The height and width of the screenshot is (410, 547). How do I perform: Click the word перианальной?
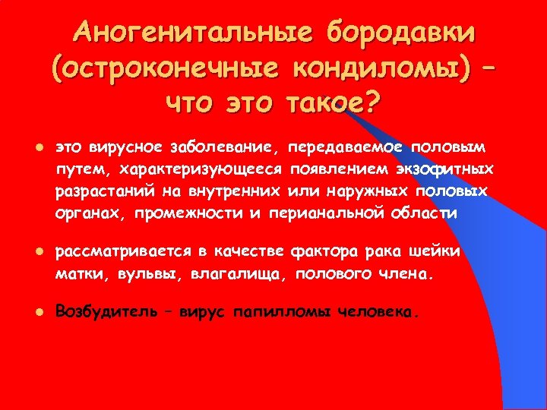pos(323,213)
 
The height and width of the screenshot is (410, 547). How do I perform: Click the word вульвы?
pos(138,274)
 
